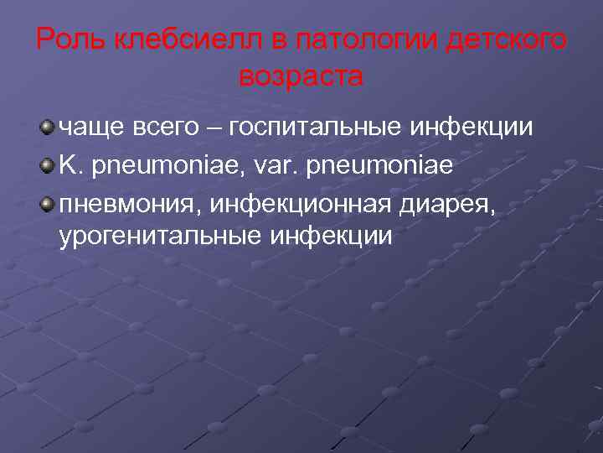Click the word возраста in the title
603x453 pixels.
(301, 77)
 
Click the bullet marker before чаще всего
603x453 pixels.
(48, 127)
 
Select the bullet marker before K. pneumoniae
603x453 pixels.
(48, 164)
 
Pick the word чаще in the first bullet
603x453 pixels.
(92, 128)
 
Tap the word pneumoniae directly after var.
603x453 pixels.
(381, 165)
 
